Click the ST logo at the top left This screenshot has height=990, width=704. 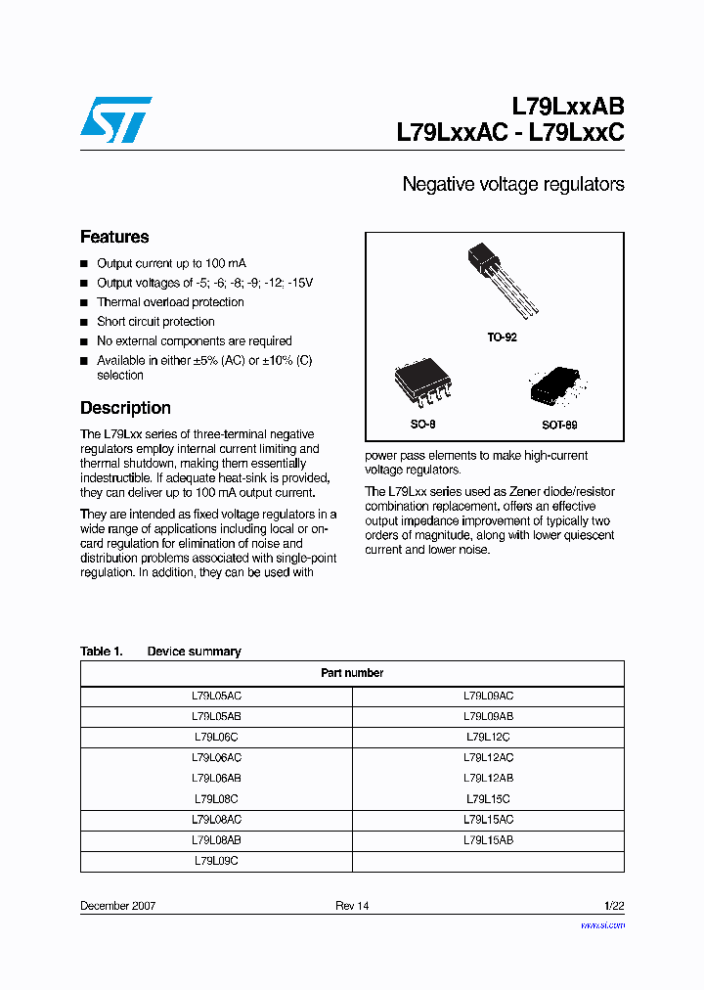(x=115, y=118)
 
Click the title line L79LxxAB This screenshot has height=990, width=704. (x=567, y=106)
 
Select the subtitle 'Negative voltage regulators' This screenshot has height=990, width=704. (x=512, y=184)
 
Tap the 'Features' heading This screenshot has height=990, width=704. (x=114, y=237)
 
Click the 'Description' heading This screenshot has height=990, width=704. (x=125, y=408)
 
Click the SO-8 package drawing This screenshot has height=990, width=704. (x=423, y=384)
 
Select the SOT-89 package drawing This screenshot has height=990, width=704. (x=554, y=388)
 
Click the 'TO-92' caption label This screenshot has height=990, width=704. (x=502, y=337)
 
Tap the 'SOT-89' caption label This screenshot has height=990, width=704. (x=559, y=426)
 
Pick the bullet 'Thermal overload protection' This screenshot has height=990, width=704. (x=170, y=302)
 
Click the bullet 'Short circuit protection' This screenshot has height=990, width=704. (x=155, y=322)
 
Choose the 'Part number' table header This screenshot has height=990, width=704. (x=352, y=673)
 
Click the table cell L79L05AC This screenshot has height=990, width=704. (x=216, y=696)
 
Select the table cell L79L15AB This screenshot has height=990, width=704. (x=488, y=840)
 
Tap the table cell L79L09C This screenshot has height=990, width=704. (x=216, y=861)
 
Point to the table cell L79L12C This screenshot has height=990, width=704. (x=488, y=737)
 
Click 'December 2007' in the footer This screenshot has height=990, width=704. (x=117, y=906)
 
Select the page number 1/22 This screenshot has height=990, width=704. (x=611, y=906)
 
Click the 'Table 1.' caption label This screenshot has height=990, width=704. (x=101, y=652)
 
